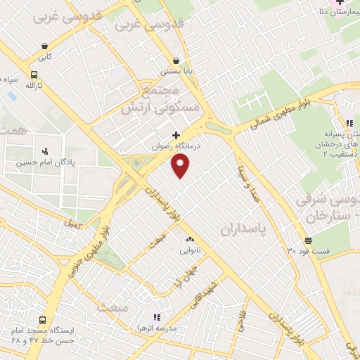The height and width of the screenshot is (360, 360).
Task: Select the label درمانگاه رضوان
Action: pyautogui.click(x=177, y=146)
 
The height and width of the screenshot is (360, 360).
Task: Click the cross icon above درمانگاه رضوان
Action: pyautogui.click(x=176, y=135)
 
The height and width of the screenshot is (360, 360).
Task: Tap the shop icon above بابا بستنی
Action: pyautogui.click(x=175, y=60)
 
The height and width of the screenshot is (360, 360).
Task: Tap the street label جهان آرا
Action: pyautogui.click(x=181, y=276)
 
